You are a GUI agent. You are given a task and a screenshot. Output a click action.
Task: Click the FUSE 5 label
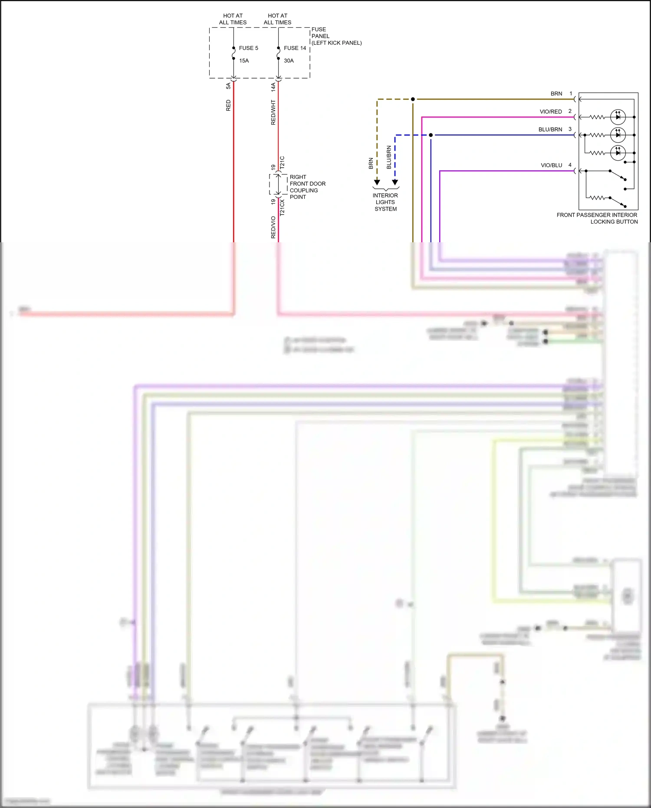pyautogui.click(x=248, y=48)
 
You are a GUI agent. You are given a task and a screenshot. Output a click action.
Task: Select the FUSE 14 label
pyautogui.click(x=295, y=48)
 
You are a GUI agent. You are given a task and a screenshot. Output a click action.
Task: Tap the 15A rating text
pyautogui.click(x=244, y=61)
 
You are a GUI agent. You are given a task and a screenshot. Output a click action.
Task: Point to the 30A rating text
pyautogui.click(x=289, y=61)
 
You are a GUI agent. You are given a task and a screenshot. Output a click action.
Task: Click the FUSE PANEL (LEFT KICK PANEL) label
pyautogui.click(x=336, y=36)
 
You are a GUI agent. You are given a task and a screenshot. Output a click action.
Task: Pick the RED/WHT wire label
pyautogui.click(x=273, y=112)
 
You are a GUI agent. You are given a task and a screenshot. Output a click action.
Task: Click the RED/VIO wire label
pyautogui.click(x=273, y=227)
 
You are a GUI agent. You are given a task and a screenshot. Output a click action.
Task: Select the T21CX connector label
pyautogui.click(x=282, y=208)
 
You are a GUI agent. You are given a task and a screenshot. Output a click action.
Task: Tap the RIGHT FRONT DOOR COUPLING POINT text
pyautogui.click(x=307, y=187)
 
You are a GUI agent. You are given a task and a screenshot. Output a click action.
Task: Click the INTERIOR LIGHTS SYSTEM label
pyautogui.click(x=385, y=202)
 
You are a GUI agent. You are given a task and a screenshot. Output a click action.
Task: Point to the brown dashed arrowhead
pyautogui.click(x=377, y=182)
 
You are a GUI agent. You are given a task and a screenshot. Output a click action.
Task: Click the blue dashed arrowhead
pyautogui.click(x=395, y=182)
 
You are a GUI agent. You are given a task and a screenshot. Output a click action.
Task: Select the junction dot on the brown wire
pyautogui.click(x=413, y=99)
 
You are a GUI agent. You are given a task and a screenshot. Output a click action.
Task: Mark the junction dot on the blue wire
pyautogui.click(x=431, y=135)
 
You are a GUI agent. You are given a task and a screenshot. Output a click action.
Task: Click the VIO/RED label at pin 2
pyautogui.click(x=550, y=112)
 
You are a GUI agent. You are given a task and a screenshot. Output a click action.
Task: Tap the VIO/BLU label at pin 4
pyautogui.click(x=551, y=165)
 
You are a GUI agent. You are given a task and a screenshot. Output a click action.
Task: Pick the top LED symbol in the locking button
pyautogui.click(x=618, y=117)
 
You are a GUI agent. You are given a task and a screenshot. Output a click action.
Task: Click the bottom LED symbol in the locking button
pyautogui.click(x=618, y=152)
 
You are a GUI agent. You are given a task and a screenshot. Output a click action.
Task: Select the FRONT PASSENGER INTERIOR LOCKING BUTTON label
pyautogui.click(x=597, y=218)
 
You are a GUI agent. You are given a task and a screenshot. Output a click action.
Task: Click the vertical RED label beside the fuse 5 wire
pyautogui.click(x=228, y=106)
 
